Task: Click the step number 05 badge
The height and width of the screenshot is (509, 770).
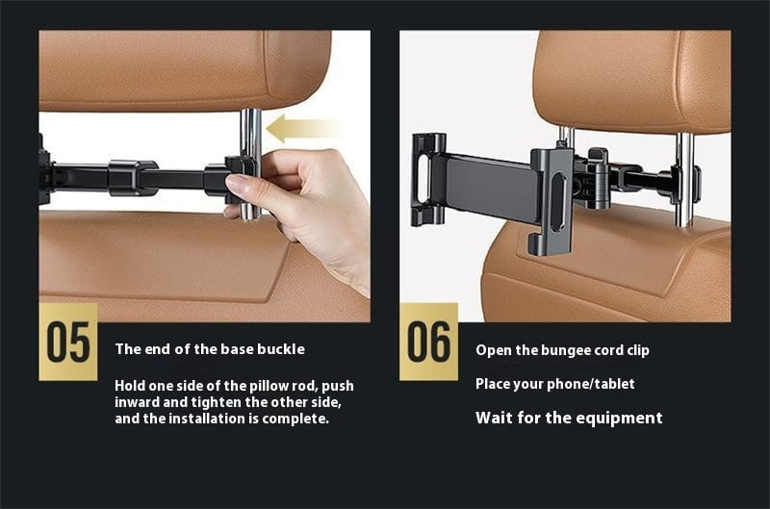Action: [x=68, y=342]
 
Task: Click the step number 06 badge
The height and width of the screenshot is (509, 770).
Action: [x=428, y=342]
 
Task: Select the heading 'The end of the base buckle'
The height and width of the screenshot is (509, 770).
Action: [x=209, y=349]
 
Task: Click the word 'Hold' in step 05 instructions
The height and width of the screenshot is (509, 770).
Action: [x=132, y=385]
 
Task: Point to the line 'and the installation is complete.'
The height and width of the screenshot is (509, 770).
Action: [x=221, y=419]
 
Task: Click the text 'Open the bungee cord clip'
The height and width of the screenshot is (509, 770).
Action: [x=562, y=350]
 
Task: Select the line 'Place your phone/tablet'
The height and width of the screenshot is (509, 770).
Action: [x=554, y=384]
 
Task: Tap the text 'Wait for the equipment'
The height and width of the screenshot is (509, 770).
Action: [x=569, y=418]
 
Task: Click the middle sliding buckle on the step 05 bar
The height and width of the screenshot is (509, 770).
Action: [x=133, y=177]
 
